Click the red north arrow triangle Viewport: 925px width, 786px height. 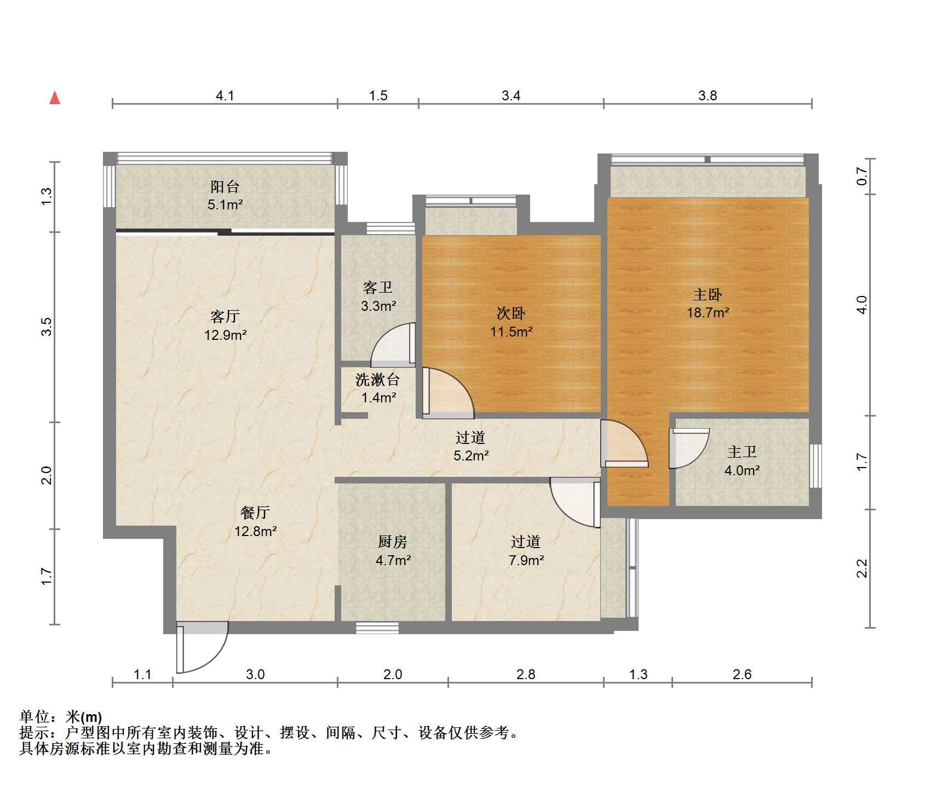(55, 98)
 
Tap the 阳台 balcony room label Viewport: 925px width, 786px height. (225, 187)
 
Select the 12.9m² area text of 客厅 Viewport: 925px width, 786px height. (225, 334)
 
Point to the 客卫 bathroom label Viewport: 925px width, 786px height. (378, 288)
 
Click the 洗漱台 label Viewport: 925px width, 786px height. (378, 379)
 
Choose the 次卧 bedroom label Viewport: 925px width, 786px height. (511, 313)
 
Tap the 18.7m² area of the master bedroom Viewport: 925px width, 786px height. (708, 313)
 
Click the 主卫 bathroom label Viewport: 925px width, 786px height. (742, 452)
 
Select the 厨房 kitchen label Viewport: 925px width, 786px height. (393, 542)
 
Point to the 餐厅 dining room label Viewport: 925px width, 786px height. (255, 512)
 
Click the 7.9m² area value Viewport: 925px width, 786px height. (526, 560)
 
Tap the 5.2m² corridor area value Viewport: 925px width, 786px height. (471, 455)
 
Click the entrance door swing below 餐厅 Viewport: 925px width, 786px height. (202, 647)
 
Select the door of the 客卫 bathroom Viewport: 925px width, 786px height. (393, 345)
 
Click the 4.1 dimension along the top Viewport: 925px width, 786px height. (225, 96)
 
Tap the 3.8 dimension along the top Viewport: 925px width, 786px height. (708, 96)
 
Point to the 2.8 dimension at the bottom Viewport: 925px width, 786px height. (526, 674)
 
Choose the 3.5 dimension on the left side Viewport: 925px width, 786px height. (47, 327)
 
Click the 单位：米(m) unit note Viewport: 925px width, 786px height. (61, 716)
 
